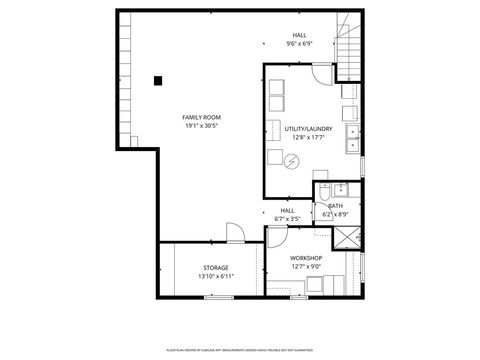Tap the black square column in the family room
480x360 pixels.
click(x=158, y=81)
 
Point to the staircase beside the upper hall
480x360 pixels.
click(x=347, y=45)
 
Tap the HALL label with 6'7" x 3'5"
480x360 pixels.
click(x=288, y=214)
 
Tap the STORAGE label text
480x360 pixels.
click(x=216, y=268)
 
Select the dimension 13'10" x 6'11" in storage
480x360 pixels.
click(x=216, y=277)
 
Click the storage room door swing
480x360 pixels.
click(x=234, y=234)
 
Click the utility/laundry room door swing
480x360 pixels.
click(x=321, y=74)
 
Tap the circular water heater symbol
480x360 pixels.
click(x=290, y=160)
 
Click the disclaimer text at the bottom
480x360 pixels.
click(x=240, y=350)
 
